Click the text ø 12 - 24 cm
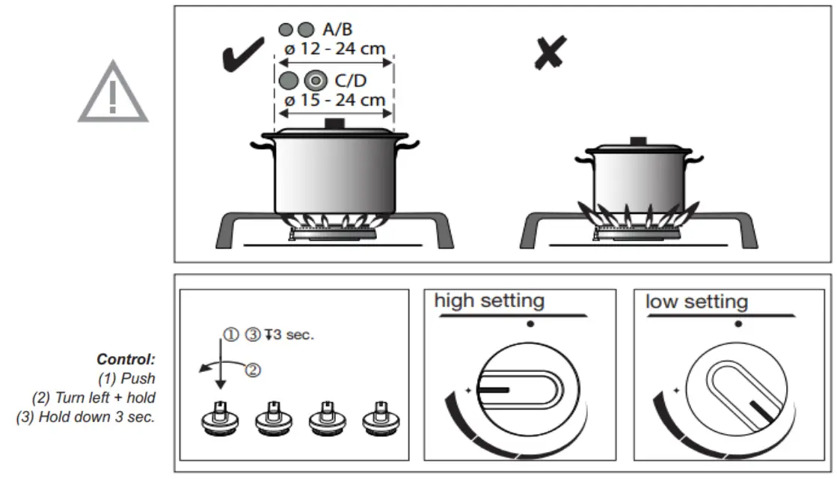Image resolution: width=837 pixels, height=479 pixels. pos(335,49)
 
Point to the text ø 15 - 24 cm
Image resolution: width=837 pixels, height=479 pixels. pos(335,99)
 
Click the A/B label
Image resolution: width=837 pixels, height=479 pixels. pos(337,30)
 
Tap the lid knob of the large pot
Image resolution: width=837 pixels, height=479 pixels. pos(334,123)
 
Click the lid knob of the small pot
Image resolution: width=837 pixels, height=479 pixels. pos(637,141)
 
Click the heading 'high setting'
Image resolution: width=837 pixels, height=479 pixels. pos(489,301)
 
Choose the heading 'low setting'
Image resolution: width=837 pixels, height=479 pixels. pos(696,302)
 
